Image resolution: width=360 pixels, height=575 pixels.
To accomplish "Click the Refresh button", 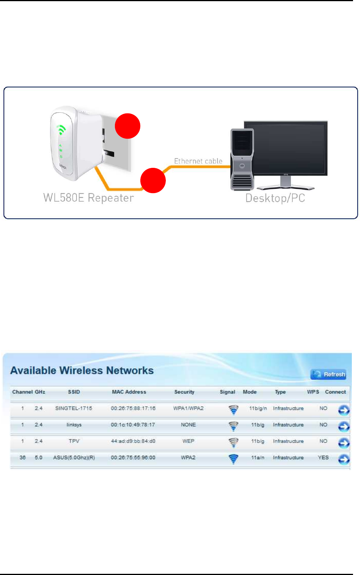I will coord(328,375).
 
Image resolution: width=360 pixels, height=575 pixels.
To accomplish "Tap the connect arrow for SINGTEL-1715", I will coord(344,410).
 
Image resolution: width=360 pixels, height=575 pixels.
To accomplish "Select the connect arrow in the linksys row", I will coord(344,426).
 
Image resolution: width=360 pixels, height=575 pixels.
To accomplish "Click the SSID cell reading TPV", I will coord(74,441).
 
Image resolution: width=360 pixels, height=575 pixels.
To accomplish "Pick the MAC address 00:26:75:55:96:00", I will coord(133,458).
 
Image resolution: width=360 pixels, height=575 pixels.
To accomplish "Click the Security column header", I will coord(184,392).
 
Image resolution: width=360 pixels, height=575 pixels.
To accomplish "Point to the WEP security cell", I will coord(188,441).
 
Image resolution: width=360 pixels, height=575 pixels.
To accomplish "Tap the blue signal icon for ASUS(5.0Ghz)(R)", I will coord(233,459).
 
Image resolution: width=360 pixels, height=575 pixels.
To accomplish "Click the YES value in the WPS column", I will coord(323,458).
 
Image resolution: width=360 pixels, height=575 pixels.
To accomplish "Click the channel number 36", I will coord(23,458).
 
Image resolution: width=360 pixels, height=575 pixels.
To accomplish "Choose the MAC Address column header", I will coord(129,392).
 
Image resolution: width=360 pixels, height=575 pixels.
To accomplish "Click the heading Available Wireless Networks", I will coord(82,371).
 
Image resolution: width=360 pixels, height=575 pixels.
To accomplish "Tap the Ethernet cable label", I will coord(198,161).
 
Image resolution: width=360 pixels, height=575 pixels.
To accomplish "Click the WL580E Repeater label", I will coord(89,198).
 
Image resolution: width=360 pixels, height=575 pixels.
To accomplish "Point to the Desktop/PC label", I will coord(275,198).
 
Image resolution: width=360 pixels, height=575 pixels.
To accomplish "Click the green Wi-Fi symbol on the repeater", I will coord(61,130).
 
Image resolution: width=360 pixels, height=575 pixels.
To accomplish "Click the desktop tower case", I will coord(242,159).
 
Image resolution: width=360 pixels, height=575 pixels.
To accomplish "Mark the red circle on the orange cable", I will coord(153,181).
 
